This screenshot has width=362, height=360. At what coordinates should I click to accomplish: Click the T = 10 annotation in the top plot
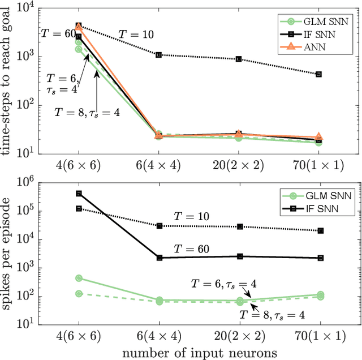tap(135, 34)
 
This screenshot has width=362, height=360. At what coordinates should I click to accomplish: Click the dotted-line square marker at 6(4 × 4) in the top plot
tap(159, 55)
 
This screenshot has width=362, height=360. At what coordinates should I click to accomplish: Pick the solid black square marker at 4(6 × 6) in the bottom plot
tap(79, 194)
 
